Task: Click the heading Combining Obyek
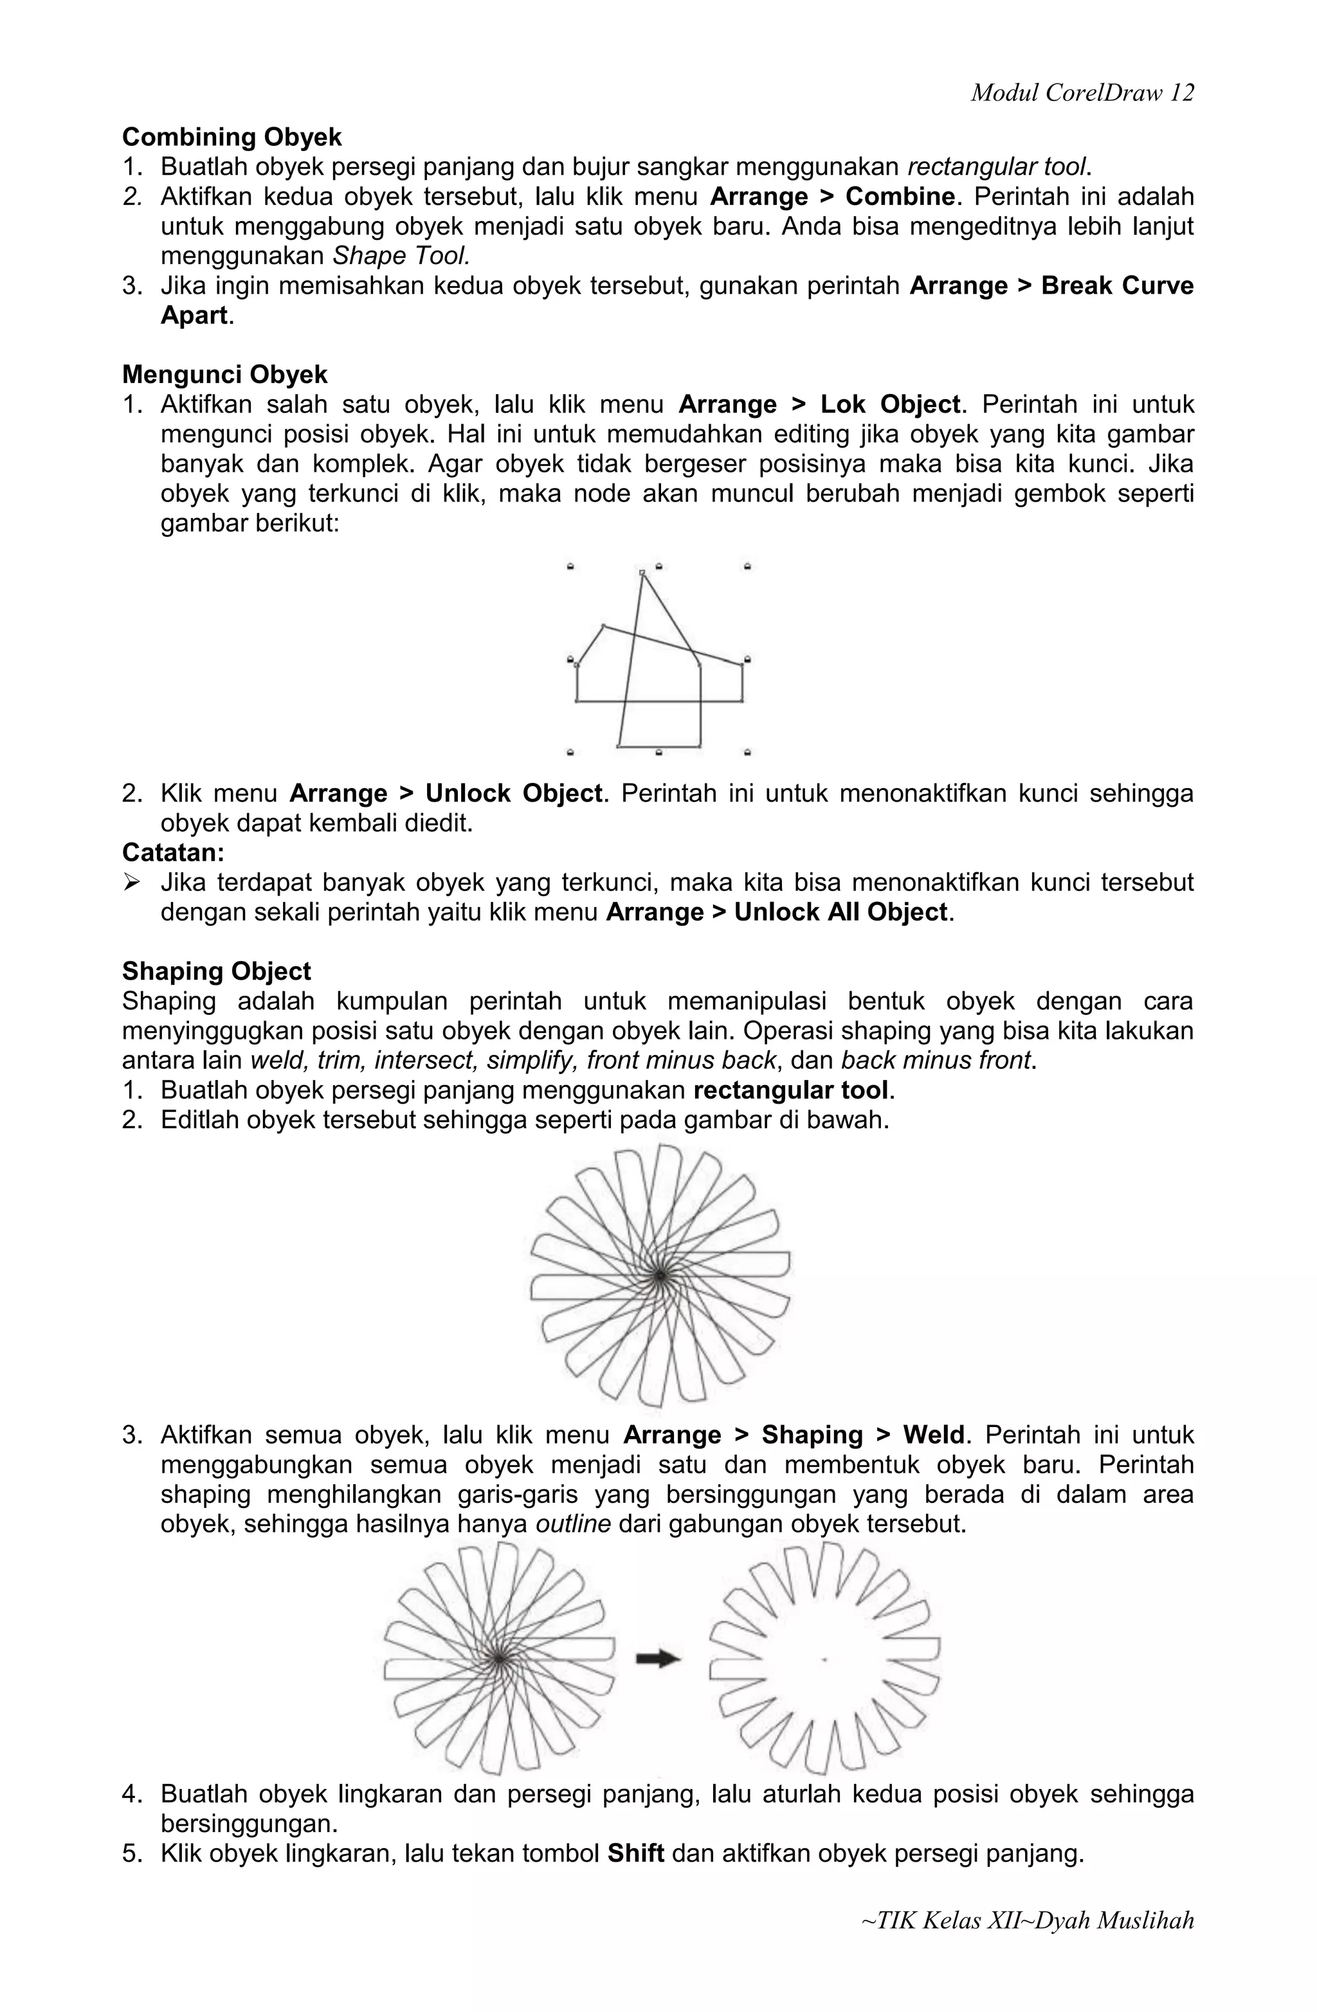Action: pos(232,137)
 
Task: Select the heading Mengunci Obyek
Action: pos(225,375)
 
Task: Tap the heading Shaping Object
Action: pos(217,971)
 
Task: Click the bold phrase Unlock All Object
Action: pos(840,912)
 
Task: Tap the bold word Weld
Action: pos(933,1435)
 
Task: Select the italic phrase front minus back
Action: pos(681,1060)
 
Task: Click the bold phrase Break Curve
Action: pos(1116,286)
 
